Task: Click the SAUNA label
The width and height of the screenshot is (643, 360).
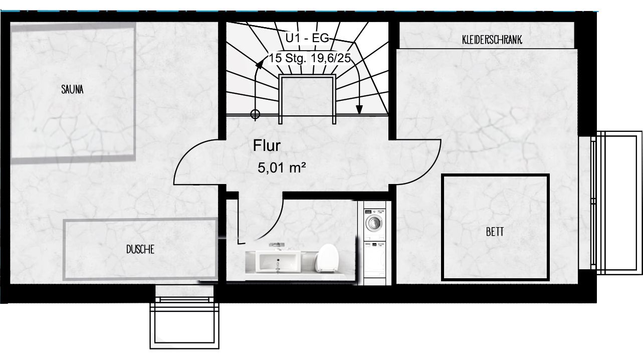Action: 72,90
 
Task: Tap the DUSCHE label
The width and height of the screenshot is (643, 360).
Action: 140,249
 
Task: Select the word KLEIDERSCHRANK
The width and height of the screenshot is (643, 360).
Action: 492,40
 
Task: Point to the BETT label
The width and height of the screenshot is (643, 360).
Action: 495,232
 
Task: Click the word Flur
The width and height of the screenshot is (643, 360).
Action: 267,145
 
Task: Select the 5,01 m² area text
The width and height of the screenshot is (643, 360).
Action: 282,167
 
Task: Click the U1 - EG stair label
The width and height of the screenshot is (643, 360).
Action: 307,38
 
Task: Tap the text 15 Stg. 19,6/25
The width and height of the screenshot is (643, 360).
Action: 310,58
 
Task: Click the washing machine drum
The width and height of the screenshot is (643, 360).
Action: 374,223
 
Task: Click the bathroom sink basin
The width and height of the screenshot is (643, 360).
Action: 278,262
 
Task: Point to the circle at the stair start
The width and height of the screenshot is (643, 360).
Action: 255,114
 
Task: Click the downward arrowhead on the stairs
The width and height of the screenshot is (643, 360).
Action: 359,109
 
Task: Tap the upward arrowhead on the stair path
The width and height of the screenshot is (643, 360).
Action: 260,64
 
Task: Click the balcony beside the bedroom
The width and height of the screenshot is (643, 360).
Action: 616,203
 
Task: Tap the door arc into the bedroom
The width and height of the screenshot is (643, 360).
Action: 431,166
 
